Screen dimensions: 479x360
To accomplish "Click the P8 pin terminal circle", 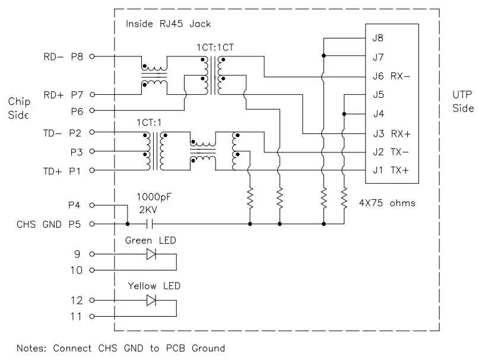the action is click(92, 56).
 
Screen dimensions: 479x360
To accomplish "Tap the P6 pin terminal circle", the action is click(92, 110).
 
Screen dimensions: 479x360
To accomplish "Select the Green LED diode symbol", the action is click(151, 254).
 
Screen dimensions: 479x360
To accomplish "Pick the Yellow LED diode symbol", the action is click(151, 301).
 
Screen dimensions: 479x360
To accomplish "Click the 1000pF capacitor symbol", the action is click(150, 224).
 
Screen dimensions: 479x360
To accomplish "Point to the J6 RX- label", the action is click(391, 76).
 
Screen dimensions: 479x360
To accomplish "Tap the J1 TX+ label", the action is click(391, 170).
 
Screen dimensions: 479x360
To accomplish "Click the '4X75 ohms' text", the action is click(387, 203).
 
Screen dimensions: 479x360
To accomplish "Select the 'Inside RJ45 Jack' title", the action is click(169, 24).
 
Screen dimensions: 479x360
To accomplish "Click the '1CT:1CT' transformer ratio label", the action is click(215, 47).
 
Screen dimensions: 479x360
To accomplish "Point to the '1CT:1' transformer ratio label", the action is click(149, 123).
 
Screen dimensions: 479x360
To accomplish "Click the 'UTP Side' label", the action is click(463, 101).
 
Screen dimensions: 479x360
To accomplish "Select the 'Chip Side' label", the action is click(19, 108).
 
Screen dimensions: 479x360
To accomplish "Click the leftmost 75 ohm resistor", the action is click(250, 198).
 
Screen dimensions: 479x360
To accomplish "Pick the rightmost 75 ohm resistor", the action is click(344, 198).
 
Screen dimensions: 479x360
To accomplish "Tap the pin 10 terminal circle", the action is click(92, 270).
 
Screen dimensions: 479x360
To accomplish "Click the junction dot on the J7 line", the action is click(324, 56).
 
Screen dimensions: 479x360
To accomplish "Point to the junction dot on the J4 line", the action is click(344, 114).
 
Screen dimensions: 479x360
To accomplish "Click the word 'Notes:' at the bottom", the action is click(31, 348).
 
